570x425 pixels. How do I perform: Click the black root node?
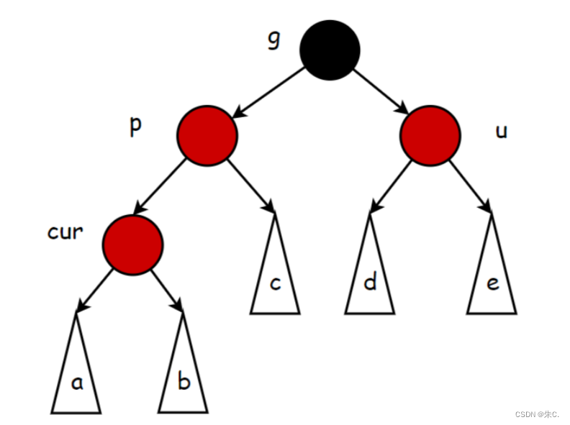pyautogui.click(x=330, y=50)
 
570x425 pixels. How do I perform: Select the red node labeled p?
pyautogui.click(x=207, y=136)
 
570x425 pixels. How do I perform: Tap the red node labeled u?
pyautogui.click(x=430, y=136)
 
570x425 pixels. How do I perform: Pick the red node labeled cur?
pyautogui.click(x=133, y=245)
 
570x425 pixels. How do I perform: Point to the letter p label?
pyautogui.click(x=135, y=125)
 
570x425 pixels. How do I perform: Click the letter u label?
pyautogui.click(x=502, y=132)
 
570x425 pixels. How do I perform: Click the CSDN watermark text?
pyautogui.click(x=537, y=414)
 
